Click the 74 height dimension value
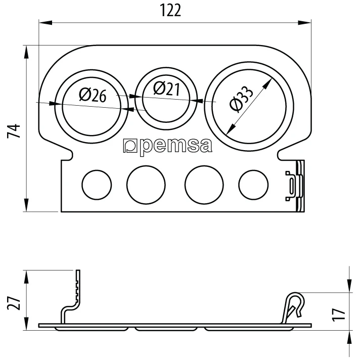click(15, 130)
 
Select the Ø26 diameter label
click(93, 95)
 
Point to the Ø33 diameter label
click(241, 99)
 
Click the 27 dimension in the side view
click(15, 303)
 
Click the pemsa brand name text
click(174, 146)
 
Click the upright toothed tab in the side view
click(77, 288)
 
